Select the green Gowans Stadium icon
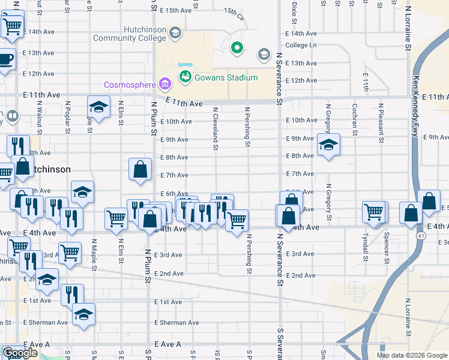(185, 77)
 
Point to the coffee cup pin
(5, 59)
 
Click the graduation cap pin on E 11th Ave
(98, 107)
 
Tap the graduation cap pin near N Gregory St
(328, 145)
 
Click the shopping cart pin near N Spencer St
(373, 211)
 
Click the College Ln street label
(301, 45)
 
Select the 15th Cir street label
(235, 12)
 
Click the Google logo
(19, 353)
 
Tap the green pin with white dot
(237, 47)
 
